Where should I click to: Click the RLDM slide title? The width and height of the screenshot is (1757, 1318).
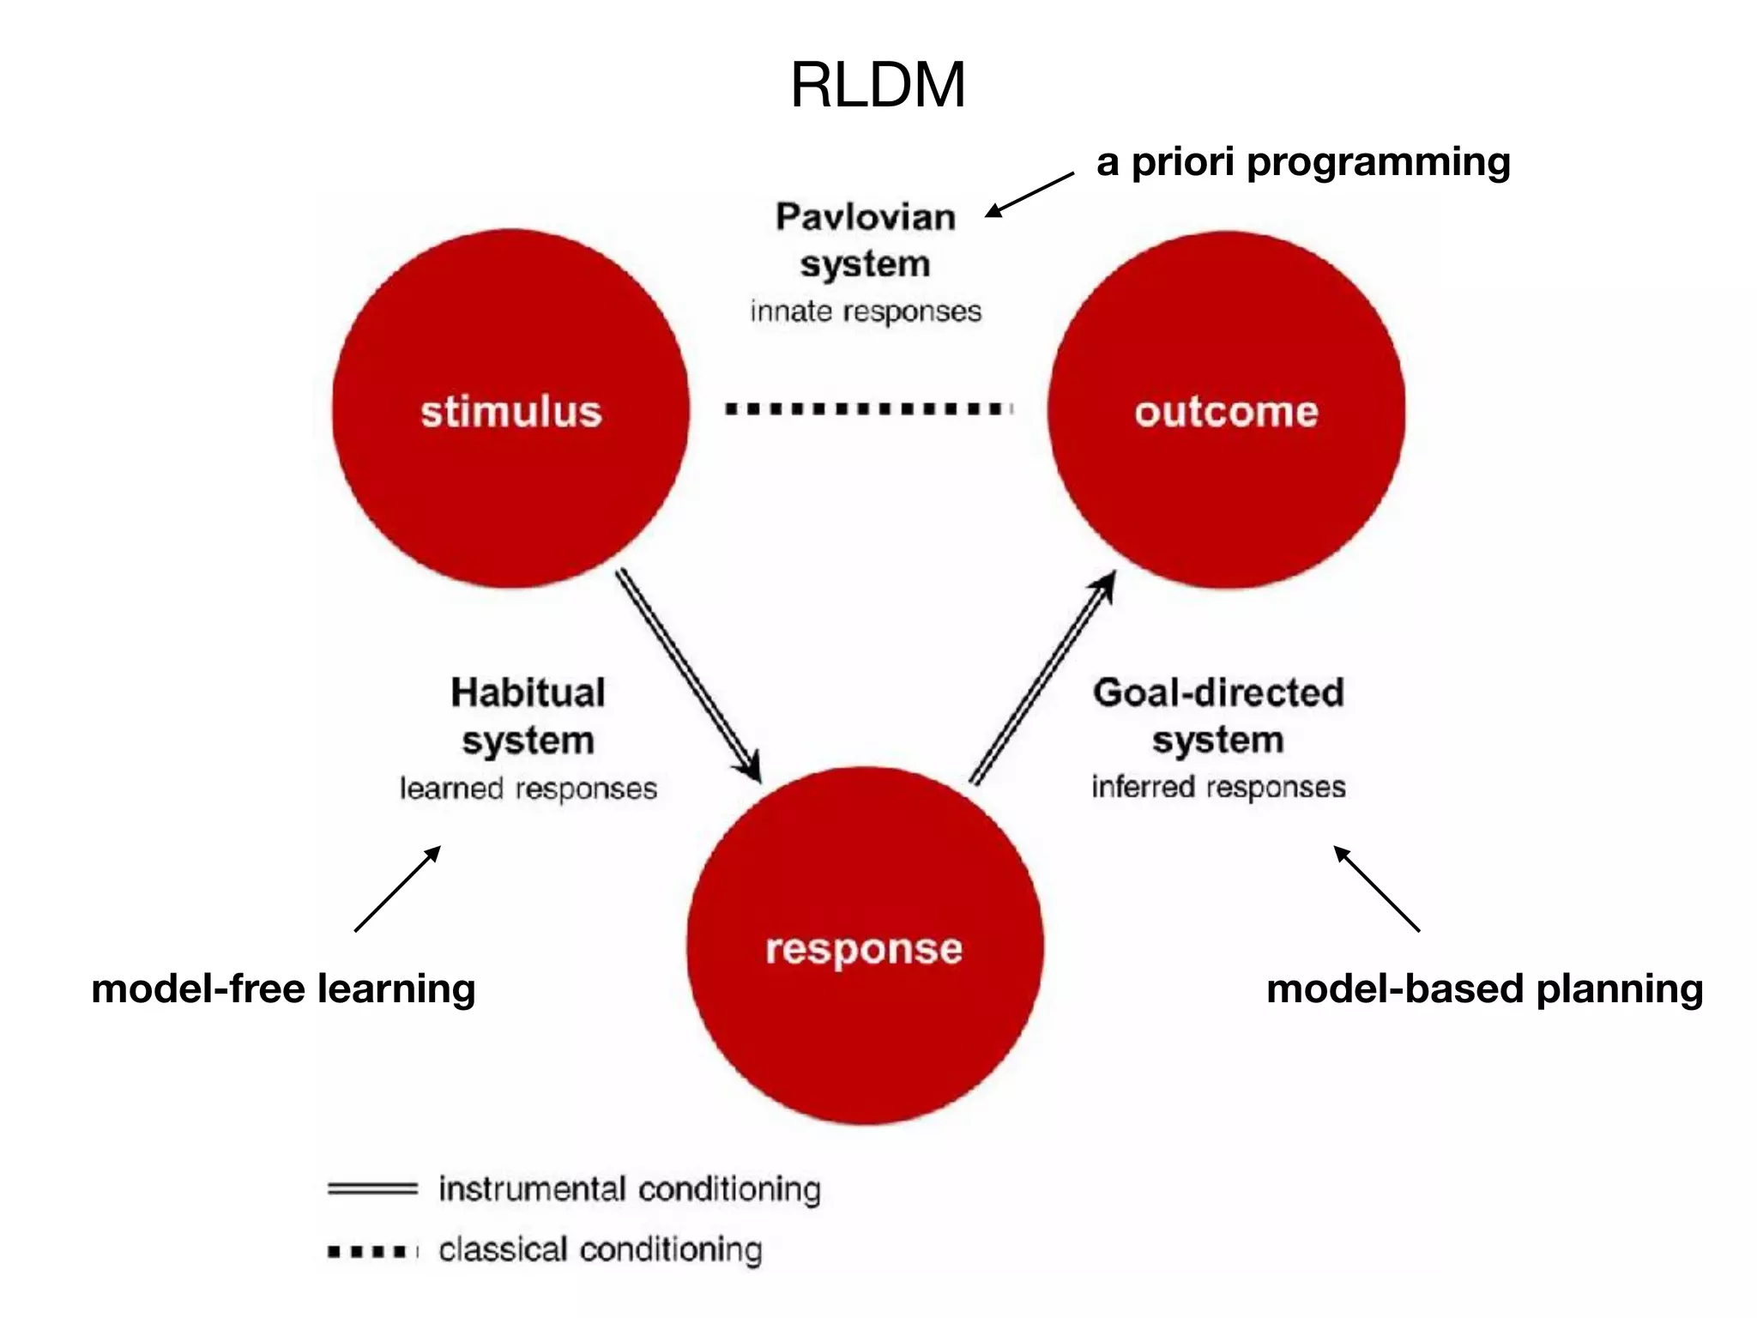pyautogui.click(x=878, y=85)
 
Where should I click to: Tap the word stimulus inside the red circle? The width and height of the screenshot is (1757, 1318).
pyautogui.click(x=511, y=411)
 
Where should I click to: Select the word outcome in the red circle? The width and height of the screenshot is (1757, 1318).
pyautogui.click(x=1226, y=412)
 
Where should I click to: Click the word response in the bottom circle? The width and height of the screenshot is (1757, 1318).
pyautogui.click(x=864, y=949)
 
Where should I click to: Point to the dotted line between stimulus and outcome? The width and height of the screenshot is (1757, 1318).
pyautogui.click(x=868, y=408)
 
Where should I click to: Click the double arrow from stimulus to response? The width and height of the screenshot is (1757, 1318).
pyautogui.click(x=688, y=675)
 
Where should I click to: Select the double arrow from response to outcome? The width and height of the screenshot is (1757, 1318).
pyautogui.click(x=1042, y=678)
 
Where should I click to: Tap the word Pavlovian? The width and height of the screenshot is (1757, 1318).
pyautogui.click(x=865, y=216)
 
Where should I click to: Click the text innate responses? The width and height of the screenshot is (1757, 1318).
pyautogui.click(x=865, y=311)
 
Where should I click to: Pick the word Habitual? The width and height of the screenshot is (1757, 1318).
pyautogui.click(x=528, y=692)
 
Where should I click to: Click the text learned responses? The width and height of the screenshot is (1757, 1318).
pyautogui.click(x=528, y=788)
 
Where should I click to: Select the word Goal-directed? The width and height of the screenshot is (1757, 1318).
pyautogui.click(x=1217, y=692)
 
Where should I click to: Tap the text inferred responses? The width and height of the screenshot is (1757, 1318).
pyautogui.click(x=1217, y=786)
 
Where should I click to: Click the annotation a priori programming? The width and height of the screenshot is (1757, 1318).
pyautogui.click(x=1303, y=161)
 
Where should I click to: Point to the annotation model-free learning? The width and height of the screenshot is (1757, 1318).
pyautogui.click(x=283, y=988)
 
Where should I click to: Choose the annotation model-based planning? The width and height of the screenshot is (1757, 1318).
pyautogui.click(x=1484, y=988)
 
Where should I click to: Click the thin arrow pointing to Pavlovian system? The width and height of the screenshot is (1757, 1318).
pyautogui.click(x=1029, y=194)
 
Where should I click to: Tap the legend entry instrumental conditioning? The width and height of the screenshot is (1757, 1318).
pyautogui.click(x=629, y=1189)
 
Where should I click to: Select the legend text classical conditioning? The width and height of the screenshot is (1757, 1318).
pyautogui.click(x=600, y=1249)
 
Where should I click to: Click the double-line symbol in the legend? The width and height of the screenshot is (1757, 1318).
pyautogui.click(x=371, y=1189)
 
